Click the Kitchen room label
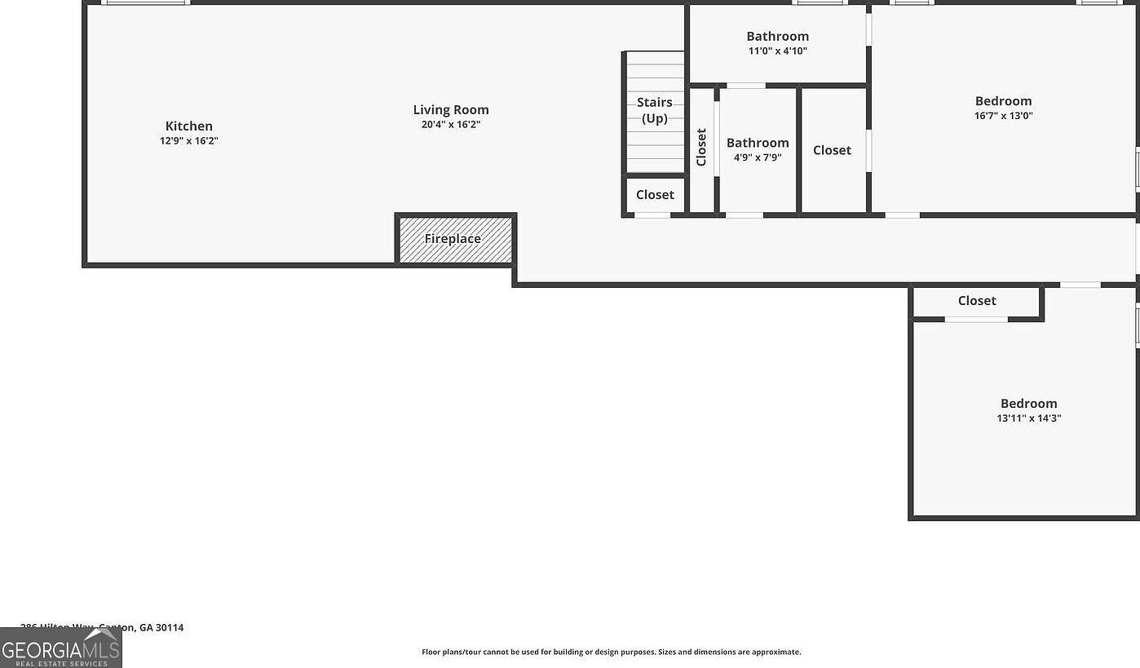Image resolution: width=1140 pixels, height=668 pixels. [x=189, y=126]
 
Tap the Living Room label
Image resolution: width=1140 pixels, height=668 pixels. [x=451, y=109]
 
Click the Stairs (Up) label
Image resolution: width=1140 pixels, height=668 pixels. [x=655, y=110]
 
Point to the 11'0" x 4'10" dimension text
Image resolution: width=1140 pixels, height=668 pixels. [x=778, y=51]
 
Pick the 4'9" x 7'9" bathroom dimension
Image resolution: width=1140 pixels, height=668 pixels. [x=758, y=157]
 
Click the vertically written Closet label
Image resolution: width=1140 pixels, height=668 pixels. [x=701, y=148]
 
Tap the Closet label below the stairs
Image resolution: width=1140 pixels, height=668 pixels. [x=655, y=194]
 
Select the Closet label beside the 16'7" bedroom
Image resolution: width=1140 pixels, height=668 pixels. [x=832, y=150]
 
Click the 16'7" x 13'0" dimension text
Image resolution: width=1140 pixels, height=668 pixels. [x=1003, y=116]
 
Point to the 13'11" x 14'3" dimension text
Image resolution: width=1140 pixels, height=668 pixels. [x=1028, y=418]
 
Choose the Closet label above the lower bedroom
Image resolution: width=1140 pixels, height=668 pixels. [x=977, y=301]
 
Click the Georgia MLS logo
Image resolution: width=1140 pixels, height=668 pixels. [x=60, y=648]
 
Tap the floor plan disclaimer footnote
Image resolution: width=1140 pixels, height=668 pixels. [x=611, y=652]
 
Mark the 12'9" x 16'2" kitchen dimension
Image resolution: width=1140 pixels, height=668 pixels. [x=189, y=140]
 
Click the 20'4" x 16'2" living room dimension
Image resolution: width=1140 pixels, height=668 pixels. [x=451, y=125]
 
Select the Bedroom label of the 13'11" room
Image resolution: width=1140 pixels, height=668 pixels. [x=1028, y=403]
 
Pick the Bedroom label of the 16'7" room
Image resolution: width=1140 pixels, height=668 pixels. [x=1003, y=101]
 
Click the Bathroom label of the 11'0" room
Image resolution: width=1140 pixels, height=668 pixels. [x=778, y=36]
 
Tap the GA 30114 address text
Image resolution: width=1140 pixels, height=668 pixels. [x=161, y=627]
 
